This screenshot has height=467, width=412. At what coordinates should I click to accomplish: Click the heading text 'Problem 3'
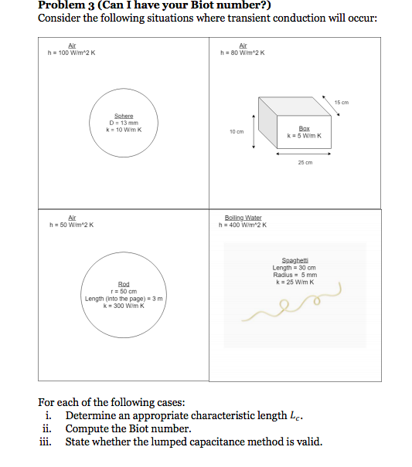(66, 5)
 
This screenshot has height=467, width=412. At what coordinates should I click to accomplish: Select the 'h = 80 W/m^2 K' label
(243, 52)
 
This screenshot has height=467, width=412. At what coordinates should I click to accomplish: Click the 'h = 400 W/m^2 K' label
(244, 225)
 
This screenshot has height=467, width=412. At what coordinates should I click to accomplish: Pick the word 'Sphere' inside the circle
(124, 116)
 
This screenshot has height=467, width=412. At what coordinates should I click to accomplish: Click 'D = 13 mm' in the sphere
(124, 122)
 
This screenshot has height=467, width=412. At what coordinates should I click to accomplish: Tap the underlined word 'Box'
(304, 129)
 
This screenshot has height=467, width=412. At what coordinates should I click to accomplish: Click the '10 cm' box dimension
(237, 131)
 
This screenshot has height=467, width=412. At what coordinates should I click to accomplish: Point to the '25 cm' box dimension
(305, 162)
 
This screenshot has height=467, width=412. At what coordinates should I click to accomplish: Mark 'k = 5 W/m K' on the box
(304, 136)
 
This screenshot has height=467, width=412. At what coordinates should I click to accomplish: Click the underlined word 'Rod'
(124, 284)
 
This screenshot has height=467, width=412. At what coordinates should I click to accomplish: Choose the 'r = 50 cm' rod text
(124, 291)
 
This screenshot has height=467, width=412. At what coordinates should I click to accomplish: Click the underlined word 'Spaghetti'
(295, 261)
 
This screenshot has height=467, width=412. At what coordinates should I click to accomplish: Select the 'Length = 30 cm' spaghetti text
(295, 268)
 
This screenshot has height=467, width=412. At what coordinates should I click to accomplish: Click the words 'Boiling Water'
(243, 218)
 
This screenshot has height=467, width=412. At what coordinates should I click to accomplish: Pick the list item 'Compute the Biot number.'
(128, 428)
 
